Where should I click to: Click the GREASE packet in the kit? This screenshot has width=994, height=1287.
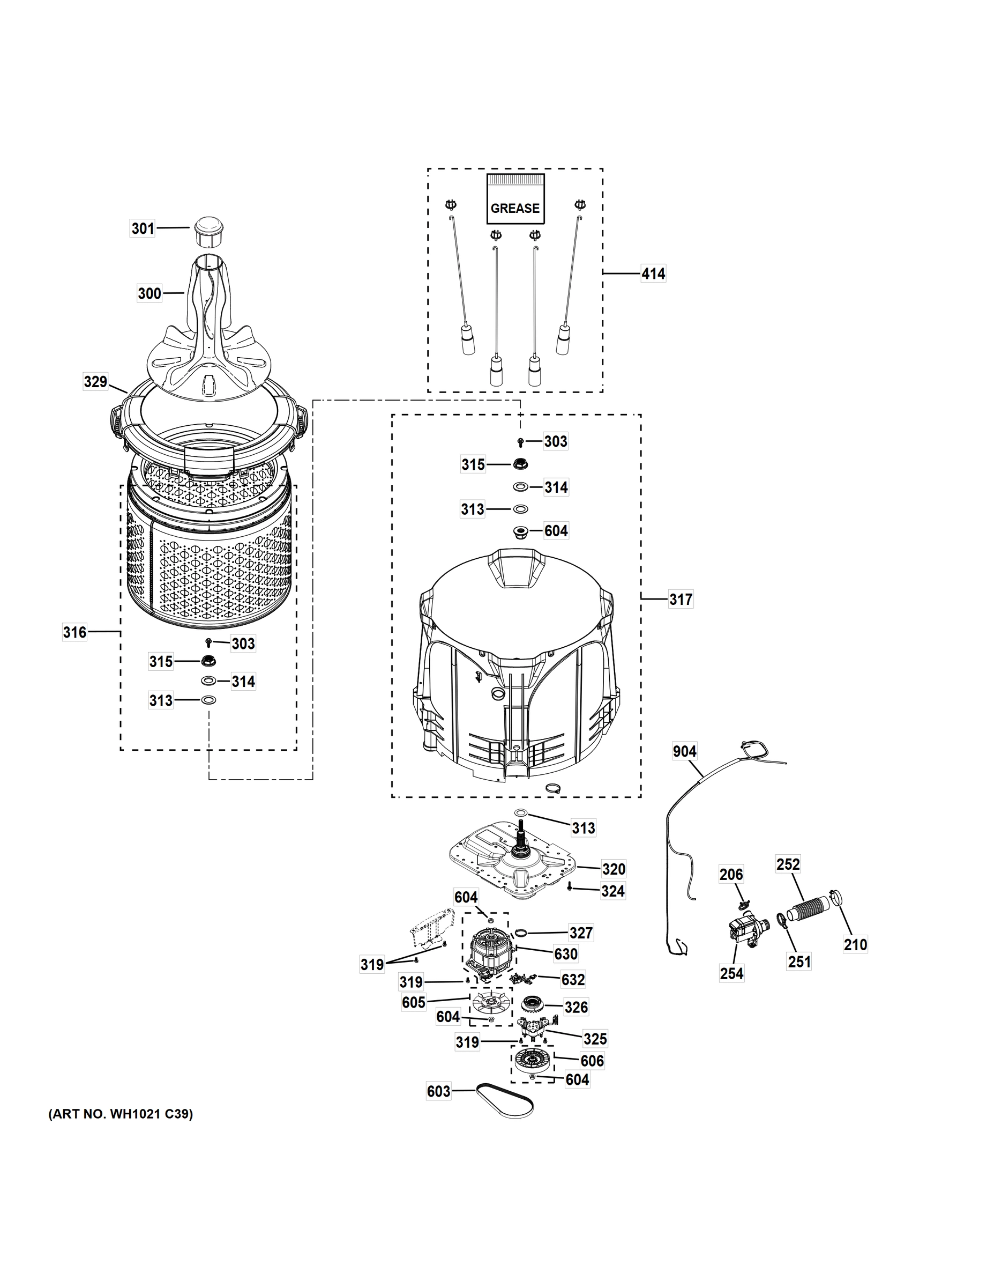pyautogui.click(x=514, y=198)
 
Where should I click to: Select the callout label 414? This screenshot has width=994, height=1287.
pyautogui.click(x=653, y=273)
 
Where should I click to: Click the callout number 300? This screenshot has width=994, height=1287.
pyautogui.click(x=150, y=293)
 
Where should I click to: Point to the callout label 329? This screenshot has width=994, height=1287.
pyautogui.click(x=95, y=382)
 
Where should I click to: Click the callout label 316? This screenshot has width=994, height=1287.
pyautogui.click(x=75, y=632)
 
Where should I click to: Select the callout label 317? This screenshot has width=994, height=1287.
pyautogui.click(x=681, y=600)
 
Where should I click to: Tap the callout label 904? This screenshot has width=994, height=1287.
pyautogui.click(x=684, y=751)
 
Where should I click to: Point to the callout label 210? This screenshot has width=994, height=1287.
pyautogui.click(x=855, y=945)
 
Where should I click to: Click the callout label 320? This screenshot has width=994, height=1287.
pyautogui.click(x=614, y=869)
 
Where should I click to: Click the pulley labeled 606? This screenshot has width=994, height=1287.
pyautogui.click(x=532, y=1061)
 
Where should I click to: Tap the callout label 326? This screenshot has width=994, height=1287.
pyautogui.click(x=576, y=1007)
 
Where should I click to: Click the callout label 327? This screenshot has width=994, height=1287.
pyautogui.click(x=581, y=933)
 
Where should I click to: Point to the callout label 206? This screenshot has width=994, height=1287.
pyautogui.click(x=731, y=875)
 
